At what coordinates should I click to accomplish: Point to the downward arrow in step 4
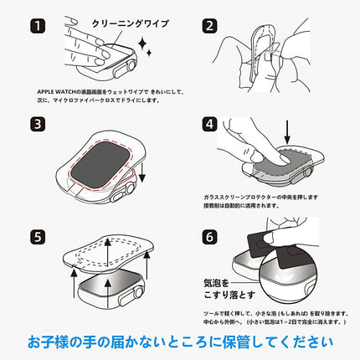(287, 130)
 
